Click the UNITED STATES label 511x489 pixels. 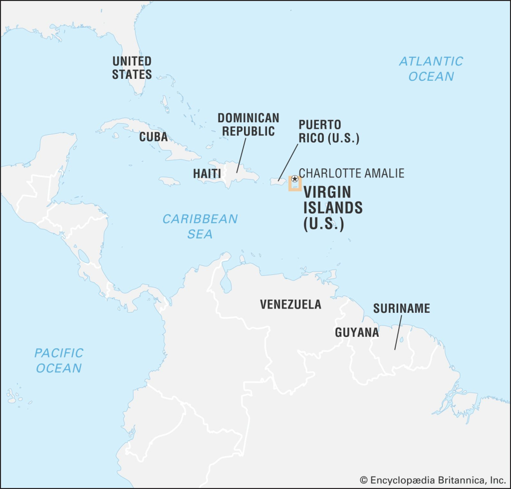pyautogui.click(x=132, y=68)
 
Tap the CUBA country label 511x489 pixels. pyautogui.click(x=153, y=137)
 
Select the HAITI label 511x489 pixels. pyautogui.click(x=207, y=174)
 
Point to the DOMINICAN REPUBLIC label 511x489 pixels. pyautogui.click(x=248, y=125)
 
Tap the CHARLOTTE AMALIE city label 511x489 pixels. pyautogui.click(x=351, y=173)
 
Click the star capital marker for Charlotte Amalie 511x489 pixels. pyautogui.click(x=294, y=179)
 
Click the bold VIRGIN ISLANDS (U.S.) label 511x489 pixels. pyautogui.click(x=332, y=208)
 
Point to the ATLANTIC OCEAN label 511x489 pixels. pyautogui.click(x=431, y=69)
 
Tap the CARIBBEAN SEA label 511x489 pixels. pyautogui.click(x=200, y=226)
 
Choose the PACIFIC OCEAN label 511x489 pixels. pyautogui.click(x=58, y=360)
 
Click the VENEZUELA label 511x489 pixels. pyautogui.click(x=290, y=304)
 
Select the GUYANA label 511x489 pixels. pyautogui.click(x=357, y=332)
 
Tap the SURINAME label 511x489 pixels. pyautogui.click(x=401, y=308)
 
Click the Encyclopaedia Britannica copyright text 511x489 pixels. pyautogui.click(x=433, y=480)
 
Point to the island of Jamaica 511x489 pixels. pyautogui.click(x=170, y=182)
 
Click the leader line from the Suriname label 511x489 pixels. pyautogui.click(x=398, y=333)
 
